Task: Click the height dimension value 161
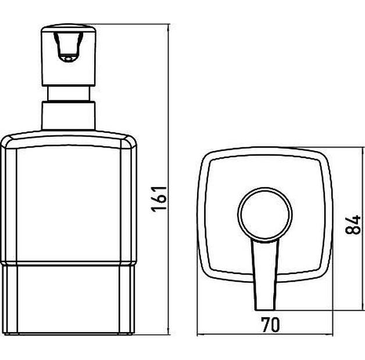tap(159, 199)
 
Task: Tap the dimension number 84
tap(353, 225)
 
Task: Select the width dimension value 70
tap(270, 325)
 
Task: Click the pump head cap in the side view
tap(69, 55)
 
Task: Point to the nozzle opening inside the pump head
tap(68, 48)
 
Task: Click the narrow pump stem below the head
tap(69, 93)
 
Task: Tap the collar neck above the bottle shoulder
tap(69, 116)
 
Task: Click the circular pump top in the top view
tap(264, 214)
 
